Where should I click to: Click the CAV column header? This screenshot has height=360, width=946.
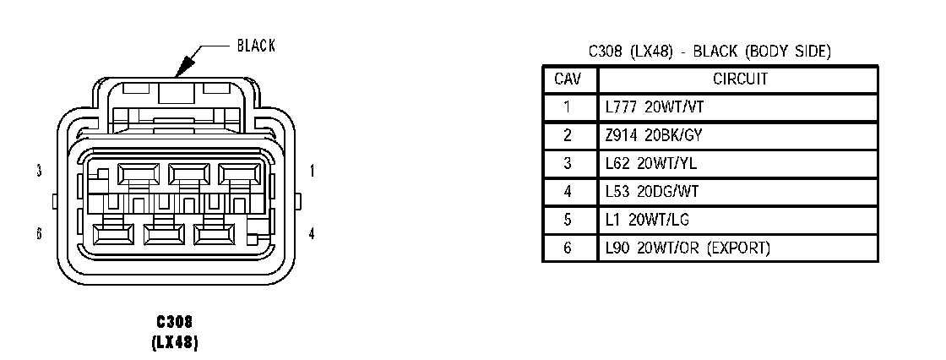click(x=568, y=79)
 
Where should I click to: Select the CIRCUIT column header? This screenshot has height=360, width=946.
click(x=739, y=79)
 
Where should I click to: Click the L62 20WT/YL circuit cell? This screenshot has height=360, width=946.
click(x=647, y=163)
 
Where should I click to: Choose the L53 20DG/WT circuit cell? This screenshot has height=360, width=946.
click(x=651, y=191)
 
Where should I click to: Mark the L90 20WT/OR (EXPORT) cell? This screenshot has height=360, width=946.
click(x=688, y=248)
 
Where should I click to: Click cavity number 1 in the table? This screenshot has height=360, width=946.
click(x=568, y=107)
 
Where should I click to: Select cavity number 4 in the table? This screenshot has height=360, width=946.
click(x=568, y=191)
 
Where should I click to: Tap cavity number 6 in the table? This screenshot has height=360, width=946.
click(x=568, y=248)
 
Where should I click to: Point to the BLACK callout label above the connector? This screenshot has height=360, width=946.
click(x=256, y=46)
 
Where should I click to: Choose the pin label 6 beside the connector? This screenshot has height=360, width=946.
click(x=39, y=234)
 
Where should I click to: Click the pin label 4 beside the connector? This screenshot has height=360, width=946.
click(x=313, y=234)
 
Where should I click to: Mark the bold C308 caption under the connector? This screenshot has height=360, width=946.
click(x=175, y=322)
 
